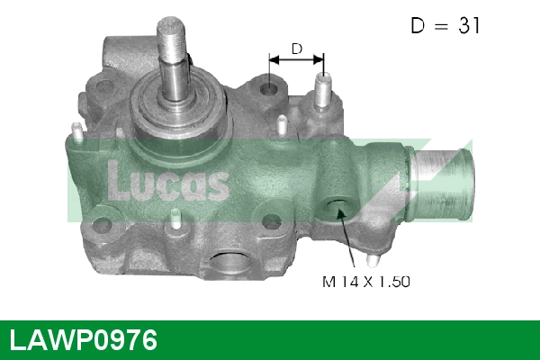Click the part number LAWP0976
click(x=83, y=341)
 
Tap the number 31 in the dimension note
click(x=469, y=26)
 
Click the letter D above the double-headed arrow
click(x=295, y=48)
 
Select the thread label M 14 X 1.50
click(x=365, y=282)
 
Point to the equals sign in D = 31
click(x=440, y=26)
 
